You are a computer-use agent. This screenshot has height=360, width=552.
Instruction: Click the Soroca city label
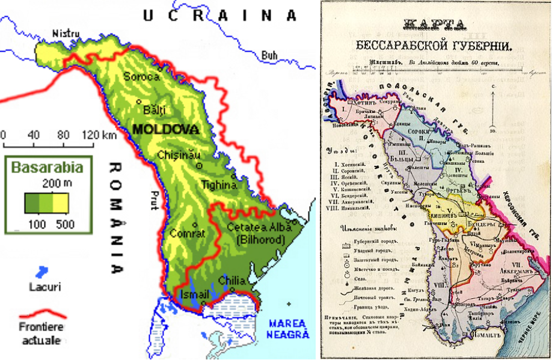point(141,77)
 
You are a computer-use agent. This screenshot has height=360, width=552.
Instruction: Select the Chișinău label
point(179,155)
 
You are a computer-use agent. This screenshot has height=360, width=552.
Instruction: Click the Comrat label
point(188,233)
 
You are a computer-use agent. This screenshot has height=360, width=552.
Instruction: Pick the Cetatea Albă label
point(260,227)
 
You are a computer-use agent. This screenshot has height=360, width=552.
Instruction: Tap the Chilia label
point(231,280)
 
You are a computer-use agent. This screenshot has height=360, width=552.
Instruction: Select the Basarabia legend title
point(47,166)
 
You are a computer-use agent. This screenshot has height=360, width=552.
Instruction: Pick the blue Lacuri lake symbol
point(43,270)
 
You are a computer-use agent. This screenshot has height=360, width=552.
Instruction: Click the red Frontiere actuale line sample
point(42,315)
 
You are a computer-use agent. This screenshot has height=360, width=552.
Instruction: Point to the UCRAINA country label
point(219,15)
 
